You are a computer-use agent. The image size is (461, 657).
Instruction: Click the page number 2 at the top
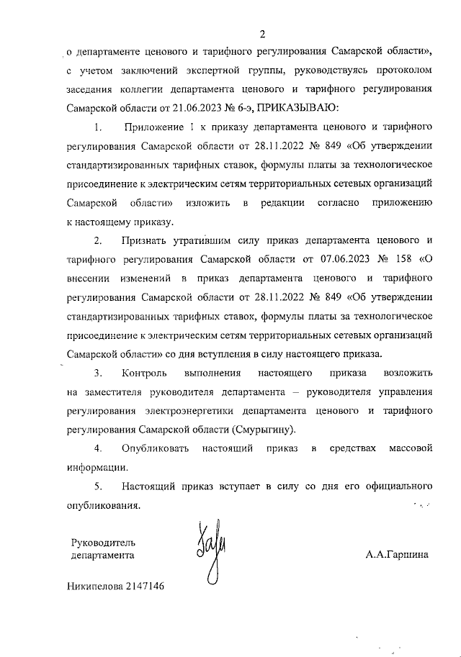(262, 33)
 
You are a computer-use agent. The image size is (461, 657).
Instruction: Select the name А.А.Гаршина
(397, 556)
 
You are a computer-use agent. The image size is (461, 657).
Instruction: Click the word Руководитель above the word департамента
(103, 542)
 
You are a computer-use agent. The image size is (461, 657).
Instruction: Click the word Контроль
(145, 373)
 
